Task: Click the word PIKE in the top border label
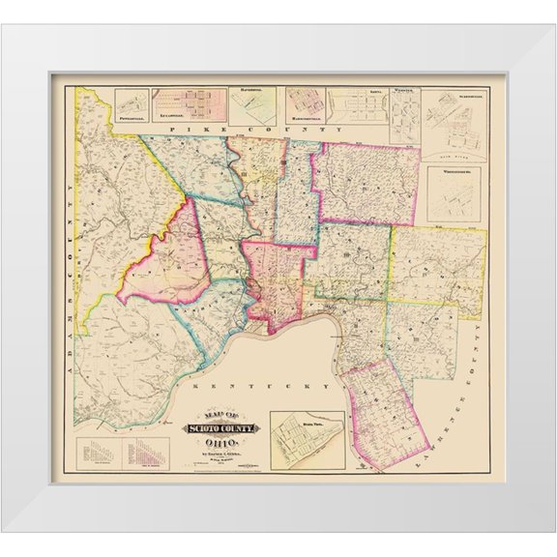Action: [x=183, y=128]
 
